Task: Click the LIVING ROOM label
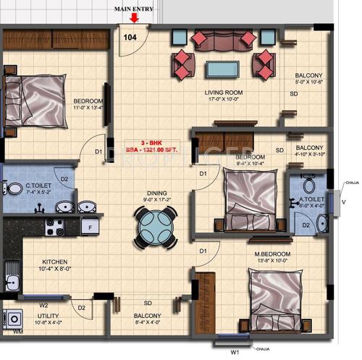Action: pos(225,92)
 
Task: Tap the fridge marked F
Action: pos(89,227)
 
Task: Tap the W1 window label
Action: pos(234,352)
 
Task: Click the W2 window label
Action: pos(43,305)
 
